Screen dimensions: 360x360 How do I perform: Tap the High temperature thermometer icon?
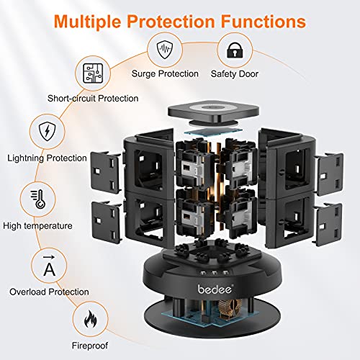(35, 198)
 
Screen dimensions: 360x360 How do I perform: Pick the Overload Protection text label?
(49, 292)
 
